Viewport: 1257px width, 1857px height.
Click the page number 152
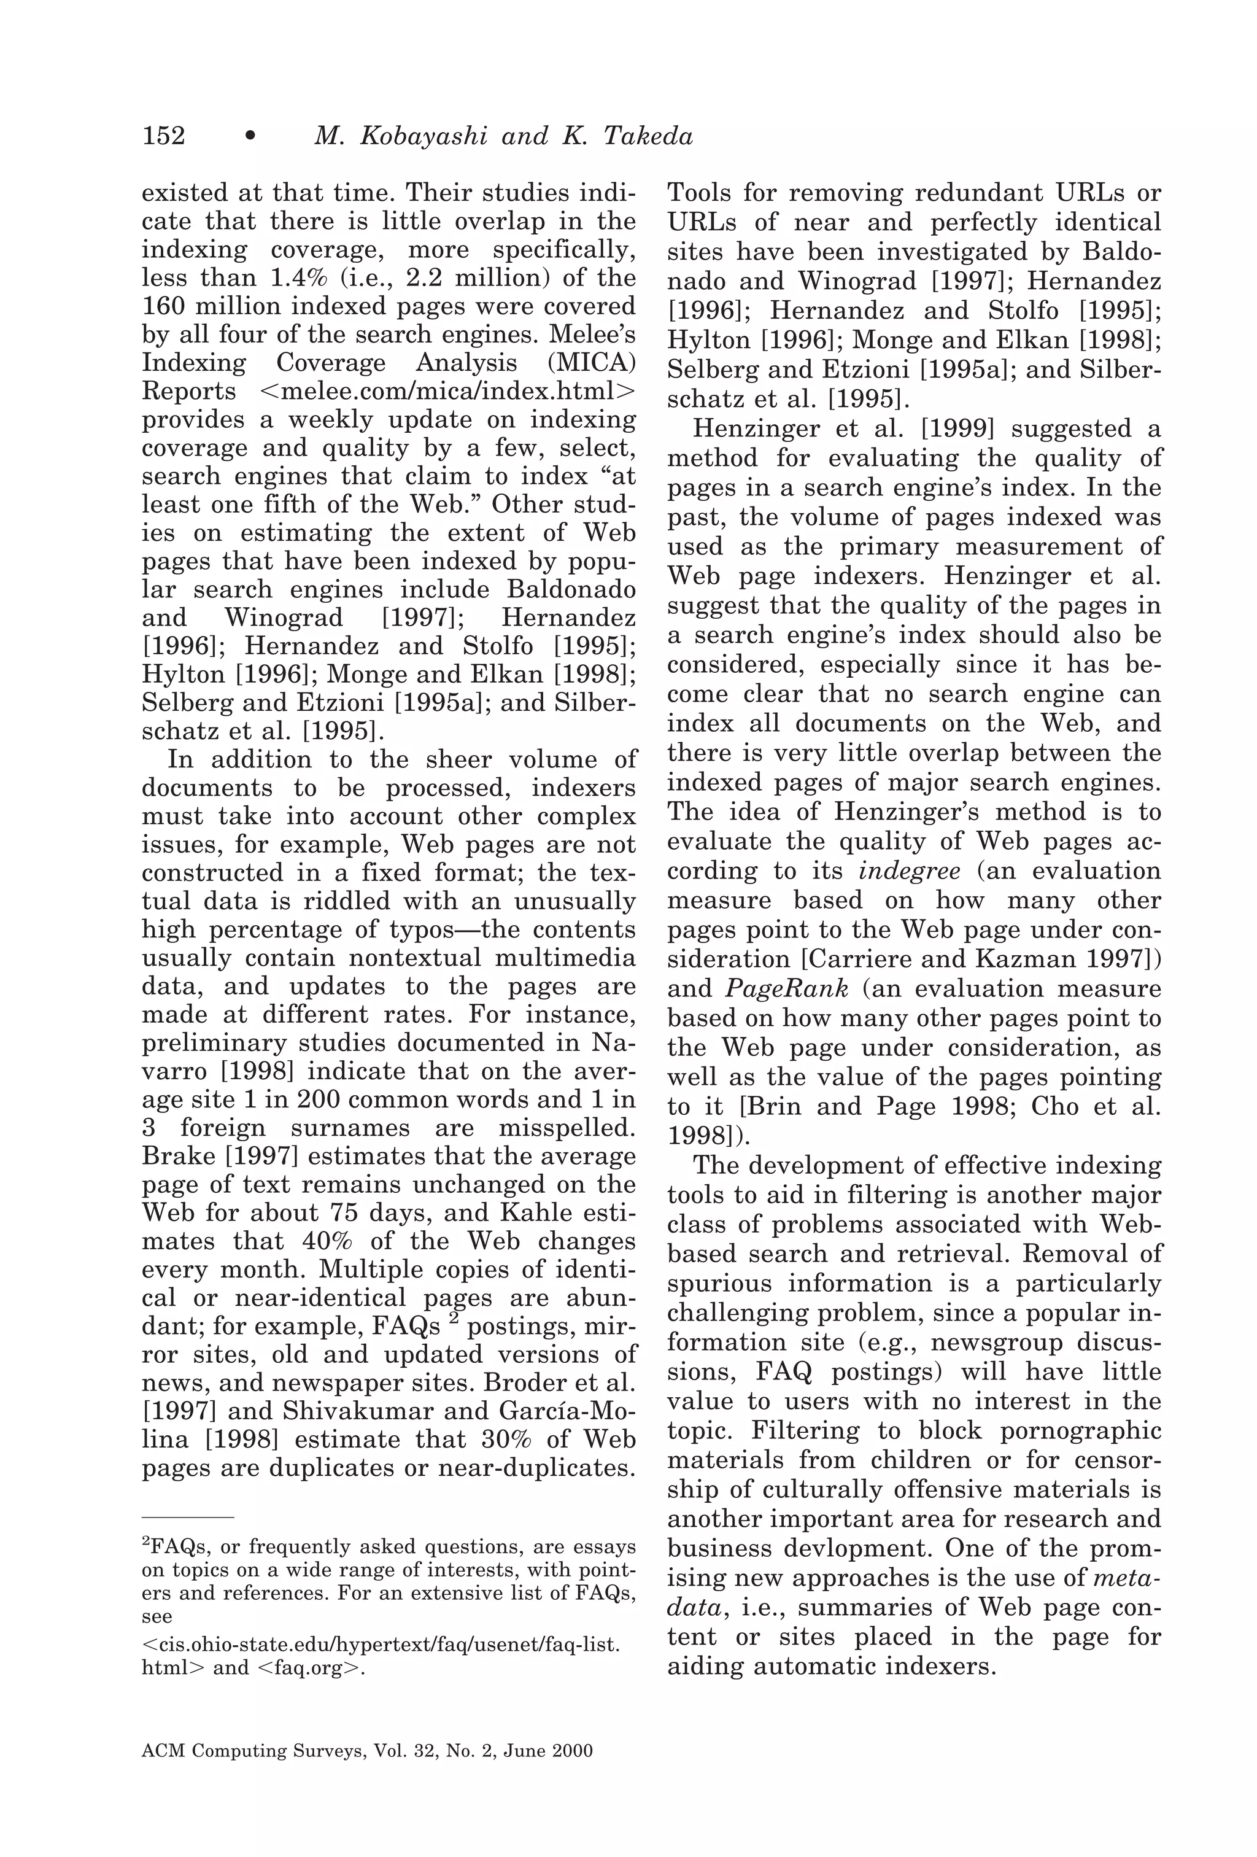(x=163, y=136)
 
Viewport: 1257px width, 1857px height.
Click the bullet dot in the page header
(x=250, y=137)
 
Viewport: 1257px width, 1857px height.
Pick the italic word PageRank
(x=786, y=988)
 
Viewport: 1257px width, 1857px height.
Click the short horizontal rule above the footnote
(x=188, y=1516)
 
